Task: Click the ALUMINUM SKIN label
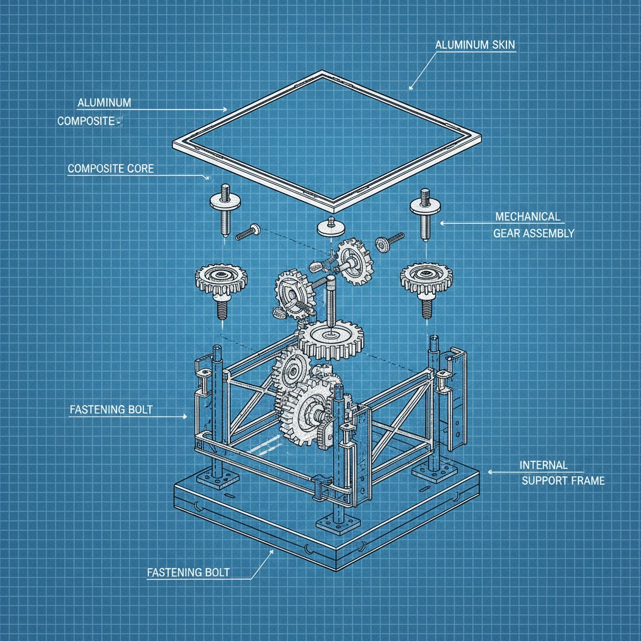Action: [x=474, y=44]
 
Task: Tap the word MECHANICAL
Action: [x=528, y=217]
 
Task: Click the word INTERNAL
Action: [x=543, y=465]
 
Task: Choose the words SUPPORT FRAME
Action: [x=563, y=480]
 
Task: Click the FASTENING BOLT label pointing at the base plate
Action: [x=188, y=572]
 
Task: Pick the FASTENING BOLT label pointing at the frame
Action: [x=111, y=409]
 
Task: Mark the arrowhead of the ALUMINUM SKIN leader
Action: [x=411, y=88]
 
